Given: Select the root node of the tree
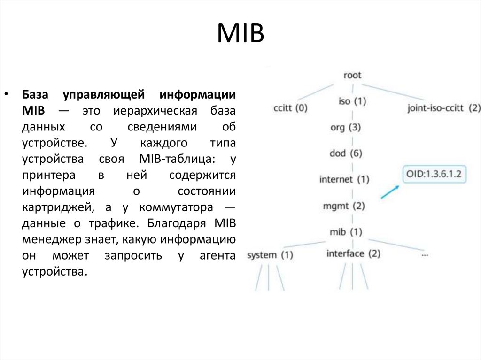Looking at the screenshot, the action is pos(352,75).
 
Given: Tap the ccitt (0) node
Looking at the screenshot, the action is pos(290,108).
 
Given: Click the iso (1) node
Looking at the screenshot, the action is pos(352,101).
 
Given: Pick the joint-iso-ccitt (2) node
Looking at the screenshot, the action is pos(444,108).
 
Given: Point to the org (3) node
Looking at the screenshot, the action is pos(346,127).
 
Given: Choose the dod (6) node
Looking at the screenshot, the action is pos(346,153).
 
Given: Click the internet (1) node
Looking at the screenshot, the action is pos(344,179).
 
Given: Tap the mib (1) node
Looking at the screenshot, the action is pos(346,231).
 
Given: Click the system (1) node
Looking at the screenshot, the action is pos(270,255).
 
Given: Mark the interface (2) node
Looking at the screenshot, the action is pos(353,254).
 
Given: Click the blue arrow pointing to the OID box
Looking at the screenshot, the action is pos(389,191).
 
